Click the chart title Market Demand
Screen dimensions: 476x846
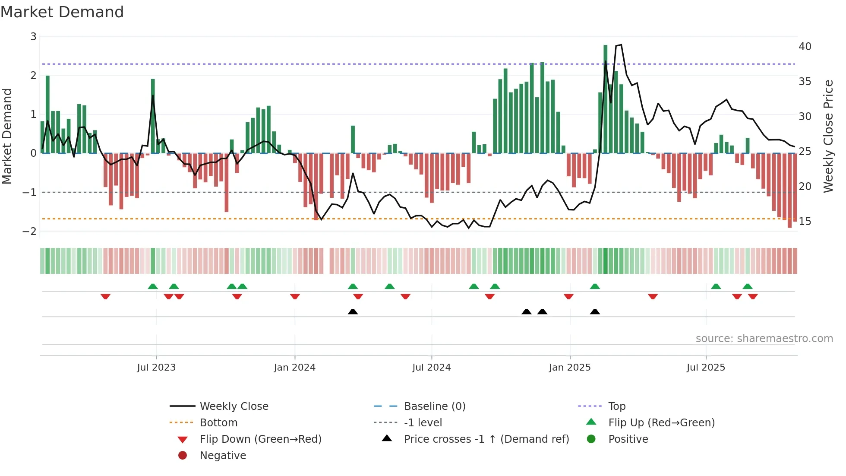[x=62, y=12]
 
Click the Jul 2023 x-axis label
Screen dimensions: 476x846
[x=156, y=368]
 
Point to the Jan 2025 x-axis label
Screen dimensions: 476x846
[x=570, y=368]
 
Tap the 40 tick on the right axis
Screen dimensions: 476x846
[x=805, y=47]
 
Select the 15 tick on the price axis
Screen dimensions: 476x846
[x=805, y=222]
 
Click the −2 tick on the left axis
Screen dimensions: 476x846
[x=30, y=232]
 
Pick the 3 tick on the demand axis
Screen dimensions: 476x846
[x=33, y=37]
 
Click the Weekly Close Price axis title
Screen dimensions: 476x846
[x=828, y=136]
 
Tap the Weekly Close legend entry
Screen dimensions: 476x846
[x=234, y=406]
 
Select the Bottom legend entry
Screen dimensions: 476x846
[x=218, y=423]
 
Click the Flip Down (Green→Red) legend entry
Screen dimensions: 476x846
[x=260, y=439]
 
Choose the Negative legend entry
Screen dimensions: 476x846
[x=223, y=456]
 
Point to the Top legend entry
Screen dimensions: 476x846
[x=616, y=406]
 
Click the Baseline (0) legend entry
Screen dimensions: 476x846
[x=434, y=406]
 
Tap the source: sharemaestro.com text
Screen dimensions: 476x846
[x=764, y=339]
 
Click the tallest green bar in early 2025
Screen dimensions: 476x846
[x=606, y=99]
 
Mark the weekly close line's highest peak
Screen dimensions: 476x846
[x=621, y=45]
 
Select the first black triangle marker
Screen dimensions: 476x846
[x=353, y=312]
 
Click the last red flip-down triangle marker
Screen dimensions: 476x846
[x=753, y=296]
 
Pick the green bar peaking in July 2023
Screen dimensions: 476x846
[x=153, y=117]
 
